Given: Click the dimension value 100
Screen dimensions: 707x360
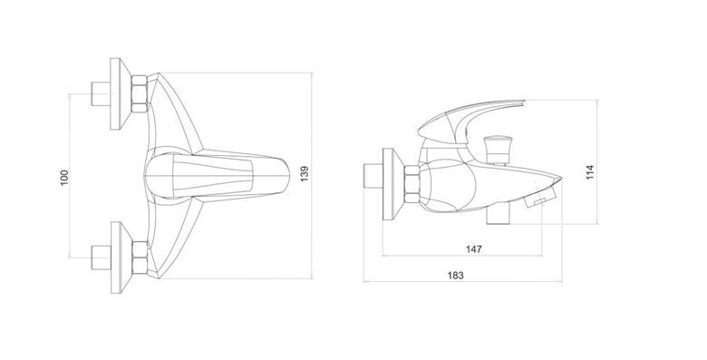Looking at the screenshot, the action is tap(64, 177).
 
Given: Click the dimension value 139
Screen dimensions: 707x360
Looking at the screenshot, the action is tap(305, 174).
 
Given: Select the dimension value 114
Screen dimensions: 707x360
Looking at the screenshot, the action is tap(590, 172).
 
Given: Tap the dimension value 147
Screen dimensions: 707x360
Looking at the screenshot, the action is tap(474, 249).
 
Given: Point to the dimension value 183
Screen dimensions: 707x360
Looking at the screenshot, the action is tap(456, 275).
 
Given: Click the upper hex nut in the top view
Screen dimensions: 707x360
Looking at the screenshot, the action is tap(140, 93).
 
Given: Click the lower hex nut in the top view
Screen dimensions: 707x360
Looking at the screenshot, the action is tap(140, 258).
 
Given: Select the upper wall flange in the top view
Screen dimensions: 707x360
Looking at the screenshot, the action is tap(121, 93).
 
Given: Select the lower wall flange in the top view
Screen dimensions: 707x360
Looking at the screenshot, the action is tap(121, 258).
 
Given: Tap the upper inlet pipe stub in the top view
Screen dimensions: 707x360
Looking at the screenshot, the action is tap(101, 93).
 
